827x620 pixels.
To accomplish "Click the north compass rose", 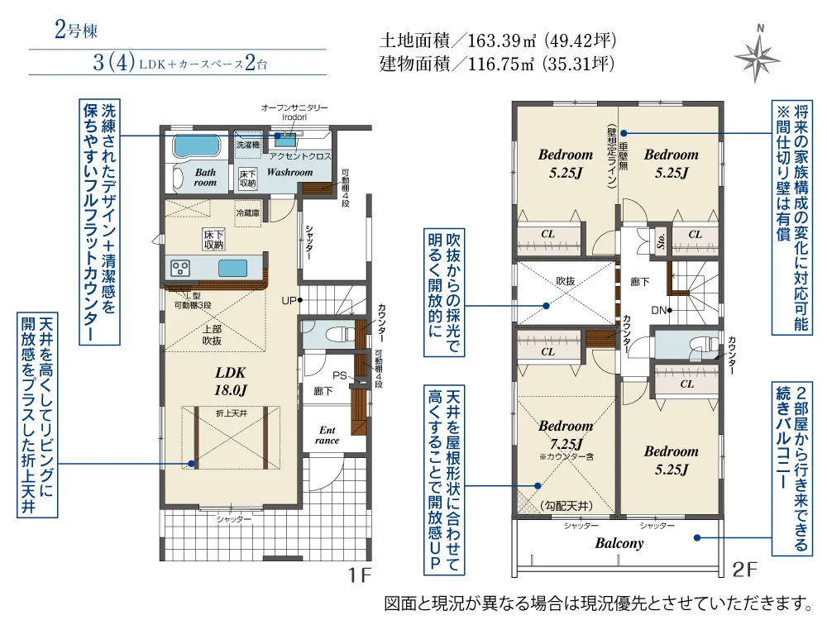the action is (x=758, y=55).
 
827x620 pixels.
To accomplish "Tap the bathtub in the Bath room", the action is (x=193, y=146).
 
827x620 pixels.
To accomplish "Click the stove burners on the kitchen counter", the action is (x=180, y=269).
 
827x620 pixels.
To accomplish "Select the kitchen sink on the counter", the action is (x=232, y=268).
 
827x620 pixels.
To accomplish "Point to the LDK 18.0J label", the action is (x=231, y=381).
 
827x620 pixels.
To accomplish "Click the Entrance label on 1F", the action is (x=327, y=435).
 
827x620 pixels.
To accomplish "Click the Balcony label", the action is (x=619, y=543).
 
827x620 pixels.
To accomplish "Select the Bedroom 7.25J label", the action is (x=566, y=435).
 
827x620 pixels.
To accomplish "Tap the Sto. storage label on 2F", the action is (x=661, y=241).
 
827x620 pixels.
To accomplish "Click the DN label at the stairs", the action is (x=659, y=311).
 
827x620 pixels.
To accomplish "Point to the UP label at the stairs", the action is (x=289, y=301).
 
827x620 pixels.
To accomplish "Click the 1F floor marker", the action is (x=361, y=575).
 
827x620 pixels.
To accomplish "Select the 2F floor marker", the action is (x=745, y=570).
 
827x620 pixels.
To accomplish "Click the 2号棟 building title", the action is (x=76, y=30).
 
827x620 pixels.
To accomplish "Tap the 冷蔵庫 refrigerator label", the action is (x=248, y=213).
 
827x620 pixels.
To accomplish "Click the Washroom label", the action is (x=289, y=172).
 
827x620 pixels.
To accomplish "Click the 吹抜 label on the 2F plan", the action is (x=565, y=281).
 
